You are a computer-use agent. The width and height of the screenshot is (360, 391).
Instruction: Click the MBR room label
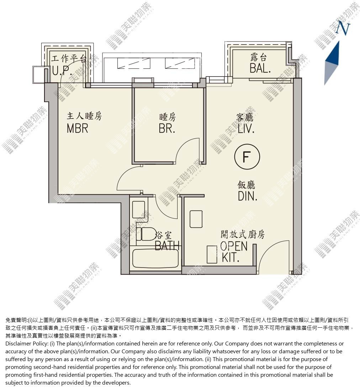[78, 128]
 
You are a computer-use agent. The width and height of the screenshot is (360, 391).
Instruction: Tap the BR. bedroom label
[167, 128]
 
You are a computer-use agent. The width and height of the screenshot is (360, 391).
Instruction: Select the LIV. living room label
[246, 129]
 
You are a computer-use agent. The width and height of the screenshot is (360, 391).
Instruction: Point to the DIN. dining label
[248, 196]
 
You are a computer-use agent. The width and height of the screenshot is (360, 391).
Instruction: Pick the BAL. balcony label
[260, 68]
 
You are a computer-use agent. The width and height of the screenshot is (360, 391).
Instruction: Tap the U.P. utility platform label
[62, 71]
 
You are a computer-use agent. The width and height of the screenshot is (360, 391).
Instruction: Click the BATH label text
[167, 245]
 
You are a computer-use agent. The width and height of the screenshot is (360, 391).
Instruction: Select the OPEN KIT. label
[234, 252]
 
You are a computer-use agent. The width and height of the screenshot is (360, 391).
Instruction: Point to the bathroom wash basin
[138, 209]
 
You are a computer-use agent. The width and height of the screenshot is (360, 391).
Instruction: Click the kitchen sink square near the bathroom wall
[196, 219]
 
